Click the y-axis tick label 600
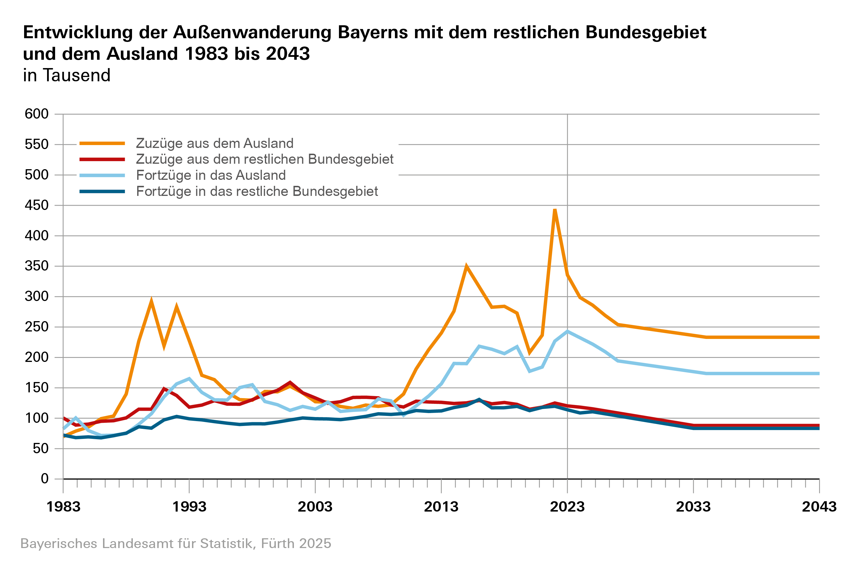coord(36,114)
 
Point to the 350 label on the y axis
coord(36,266)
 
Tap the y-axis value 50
coord(40,449)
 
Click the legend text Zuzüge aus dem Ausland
coord(214,143)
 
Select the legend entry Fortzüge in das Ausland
coord(211,175)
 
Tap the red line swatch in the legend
coord(102,159)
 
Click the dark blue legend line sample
coord(102,191)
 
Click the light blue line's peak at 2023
coord(567,331)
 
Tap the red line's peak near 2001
coord(290,382)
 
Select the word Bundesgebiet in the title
coord(646,32)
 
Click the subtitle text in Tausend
coord(67,75)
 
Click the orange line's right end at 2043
coord(818,337)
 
